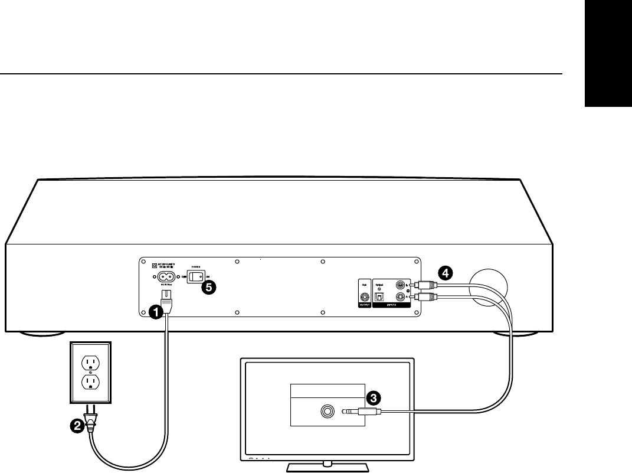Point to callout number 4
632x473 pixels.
click(x=447, y=273)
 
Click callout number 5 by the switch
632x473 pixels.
click(x=208, y=288)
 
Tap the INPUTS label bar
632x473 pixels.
click(x=392, y=306)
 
